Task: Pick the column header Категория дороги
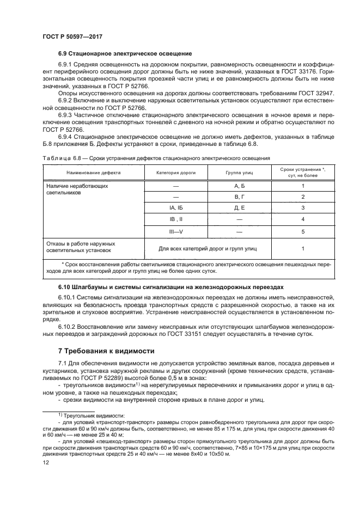point(175,172)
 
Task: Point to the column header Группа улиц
point(240,172)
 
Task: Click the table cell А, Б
point(240,186)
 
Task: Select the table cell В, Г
point(240,197)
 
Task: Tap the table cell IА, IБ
point(175,207)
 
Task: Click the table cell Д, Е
point(240,207)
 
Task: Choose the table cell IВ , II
point(175,219)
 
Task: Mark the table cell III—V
point(175,231)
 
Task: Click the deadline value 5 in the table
point(303,231)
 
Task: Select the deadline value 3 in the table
point(303,207)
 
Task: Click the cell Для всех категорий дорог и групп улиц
point(208,248)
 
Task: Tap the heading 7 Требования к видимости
point(106,351)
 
